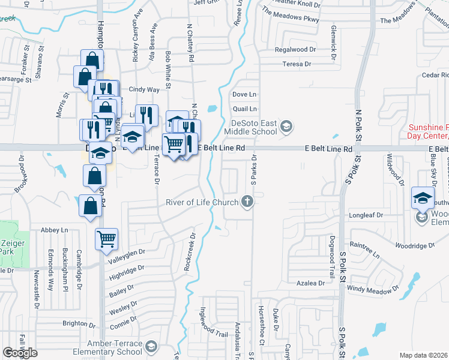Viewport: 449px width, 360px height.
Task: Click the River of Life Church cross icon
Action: (x=246, y=202)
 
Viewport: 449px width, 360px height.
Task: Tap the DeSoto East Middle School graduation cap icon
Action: (x=287, y=126)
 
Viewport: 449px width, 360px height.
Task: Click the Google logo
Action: (x=20, y=353)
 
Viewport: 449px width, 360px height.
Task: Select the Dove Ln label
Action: (x=244, y=95)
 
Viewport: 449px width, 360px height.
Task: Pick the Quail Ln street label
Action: (x=244, y=109)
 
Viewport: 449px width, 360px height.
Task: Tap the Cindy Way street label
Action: (x=145, y=90)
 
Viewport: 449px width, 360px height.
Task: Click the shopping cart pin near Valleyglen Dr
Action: (x=106, y=239)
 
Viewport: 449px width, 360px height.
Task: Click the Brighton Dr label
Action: (x=76, y=323)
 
